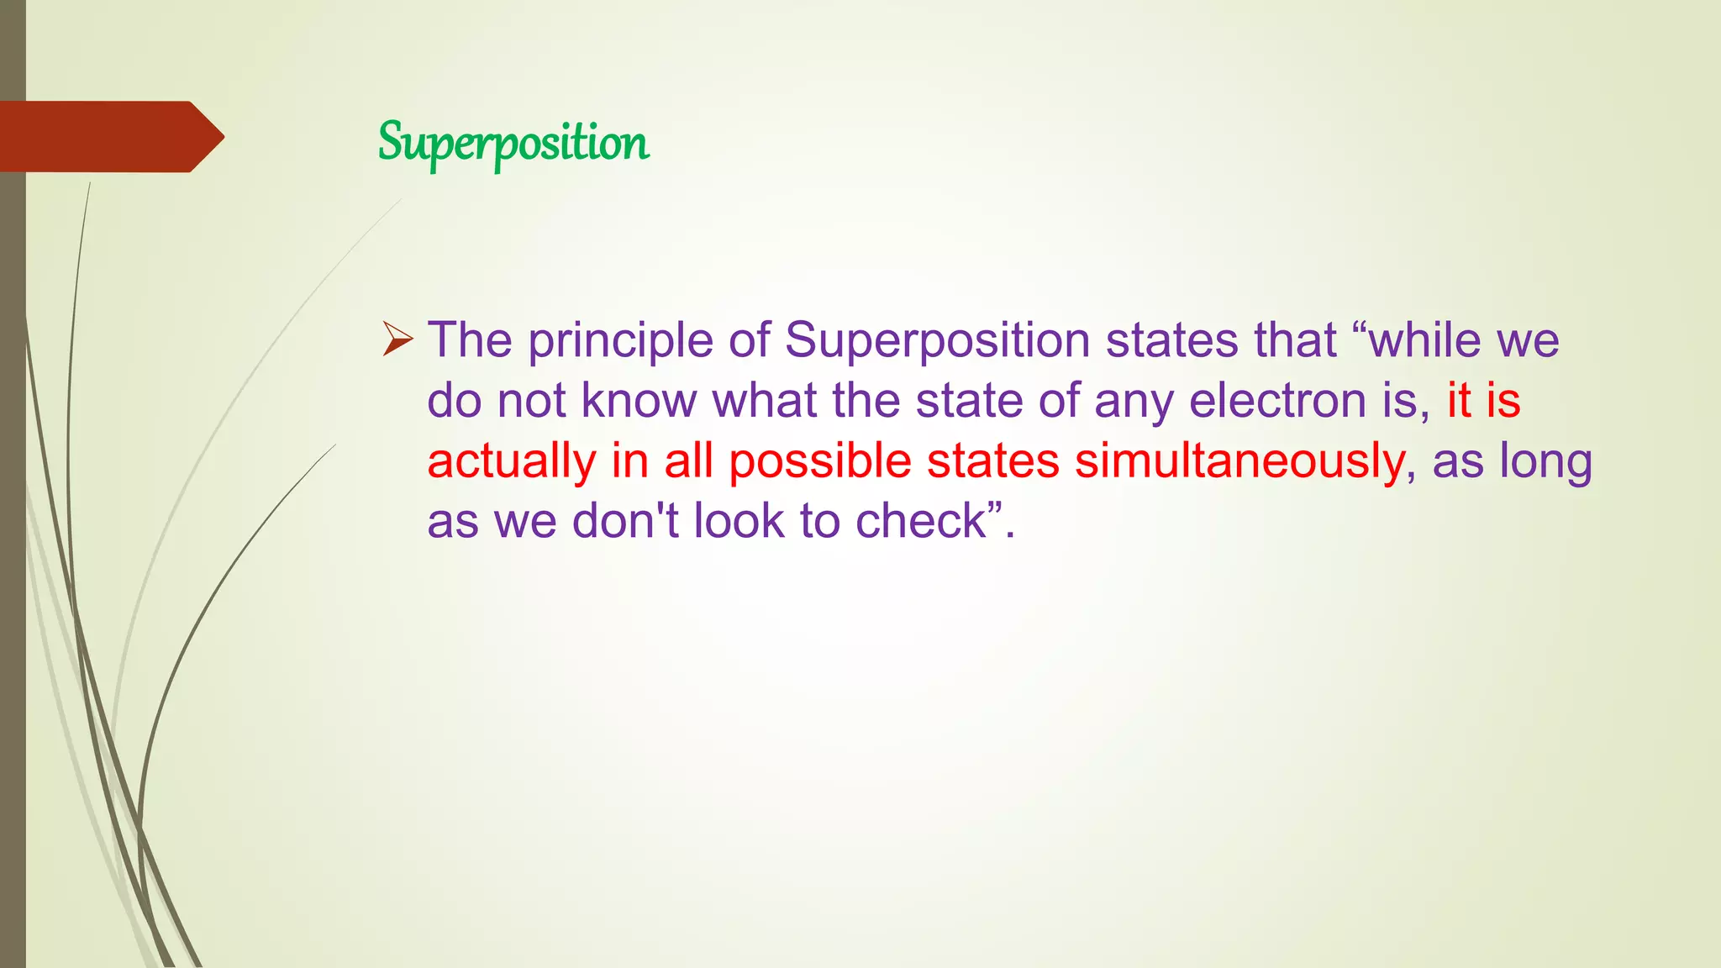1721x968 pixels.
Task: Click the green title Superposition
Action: (513, 143)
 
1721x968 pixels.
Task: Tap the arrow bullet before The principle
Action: (397, 339)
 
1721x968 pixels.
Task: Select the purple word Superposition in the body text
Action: (937, 341)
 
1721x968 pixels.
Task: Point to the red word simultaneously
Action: (1239, 462)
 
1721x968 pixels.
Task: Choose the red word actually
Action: (511, 462)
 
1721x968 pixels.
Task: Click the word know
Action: (639, 401)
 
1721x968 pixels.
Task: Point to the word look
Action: (739, 521)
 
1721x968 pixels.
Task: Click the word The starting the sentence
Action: (470, 340)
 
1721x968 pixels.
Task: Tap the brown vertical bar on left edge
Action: (13, 588)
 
